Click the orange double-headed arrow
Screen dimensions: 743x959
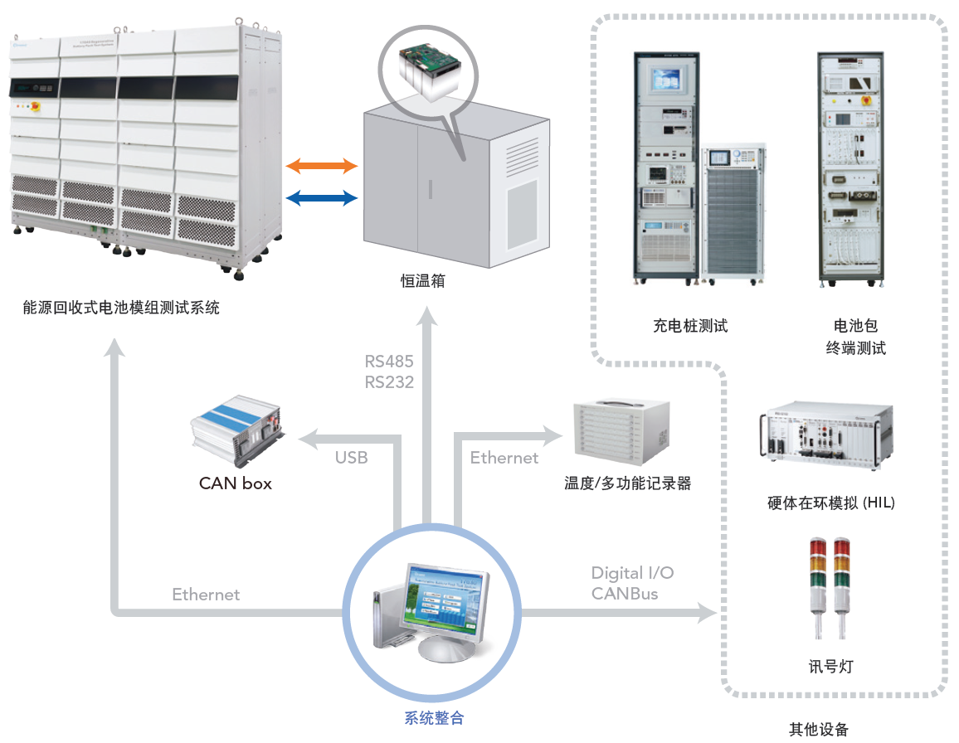322,167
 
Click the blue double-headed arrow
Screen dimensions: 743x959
322,197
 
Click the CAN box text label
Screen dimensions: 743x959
236,483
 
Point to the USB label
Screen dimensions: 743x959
351,458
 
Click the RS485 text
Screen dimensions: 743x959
389,362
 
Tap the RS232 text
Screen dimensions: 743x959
389,381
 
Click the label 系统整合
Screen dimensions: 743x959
434,718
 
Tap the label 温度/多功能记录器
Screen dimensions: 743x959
628,483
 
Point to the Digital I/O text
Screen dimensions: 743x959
632,573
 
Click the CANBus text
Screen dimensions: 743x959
625,594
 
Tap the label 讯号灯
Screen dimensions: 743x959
831,667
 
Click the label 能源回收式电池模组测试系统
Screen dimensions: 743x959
122,308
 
